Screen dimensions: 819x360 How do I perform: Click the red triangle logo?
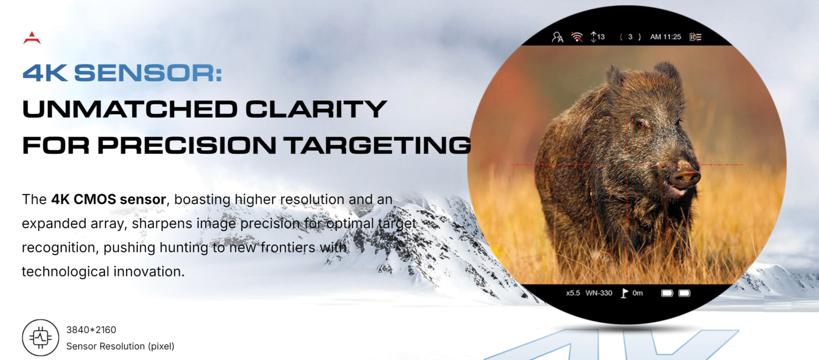(32, 38)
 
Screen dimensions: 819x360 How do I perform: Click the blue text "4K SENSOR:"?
(122, 73)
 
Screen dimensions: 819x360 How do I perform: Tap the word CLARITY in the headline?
(316, 109)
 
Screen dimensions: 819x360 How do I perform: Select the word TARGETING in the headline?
(379, 145)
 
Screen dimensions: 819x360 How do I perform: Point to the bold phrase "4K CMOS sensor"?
(109, 199)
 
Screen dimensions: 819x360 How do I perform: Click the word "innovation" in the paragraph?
(149, 271)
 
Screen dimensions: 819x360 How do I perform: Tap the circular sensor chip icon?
(40, 337)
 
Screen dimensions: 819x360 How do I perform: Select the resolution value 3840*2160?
(91, 330)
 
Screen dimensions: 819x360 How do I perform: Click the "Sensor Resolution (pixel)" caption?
(121, 346)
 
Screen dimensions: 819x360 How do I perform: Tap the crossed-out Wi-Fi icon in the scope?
(577, 37)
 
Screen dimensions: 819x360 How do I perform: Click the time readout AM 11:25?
(665, 37)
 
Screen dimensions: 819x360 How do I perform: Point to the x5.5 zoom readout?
(573, 293)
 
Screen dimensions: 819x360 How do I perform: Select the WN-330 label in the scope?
(599, 293)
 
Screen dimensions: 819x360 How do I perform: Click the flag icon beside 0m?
(624, 293)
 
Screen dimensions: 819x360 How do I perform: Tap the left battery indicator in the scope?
(667, 293)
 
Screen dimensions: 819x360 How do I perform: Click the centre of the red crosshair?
(628, 165)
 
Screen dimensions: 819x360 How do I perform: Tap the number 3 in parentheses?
(630, 37)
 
